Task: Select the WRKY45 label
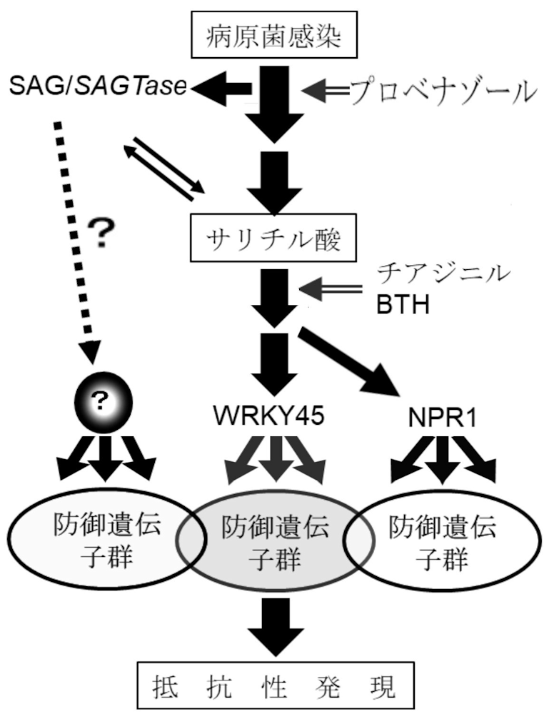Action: [x=274, y=416]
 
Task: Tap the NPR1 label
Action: [x=443, y=416]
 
